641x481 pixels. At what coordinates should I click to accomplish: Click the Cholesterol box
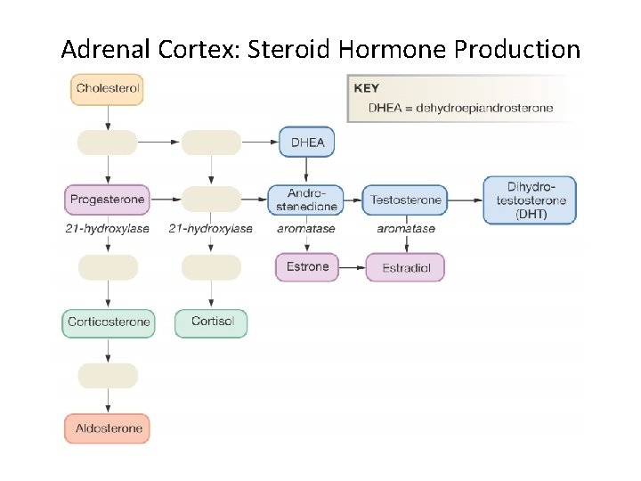(108, 89)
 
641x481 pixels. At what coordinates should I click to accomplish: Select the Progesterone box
(108, 200)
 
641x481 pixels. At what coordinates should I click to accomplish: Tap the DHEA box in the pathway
(307, 143)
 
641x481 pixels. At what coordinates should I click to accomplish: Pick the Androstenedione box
(306, 200)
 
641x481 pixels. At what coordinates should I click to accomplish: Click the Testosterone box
(405, 200)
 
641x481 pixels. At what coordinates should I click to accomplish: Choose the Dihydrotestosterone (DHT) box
(530, 200)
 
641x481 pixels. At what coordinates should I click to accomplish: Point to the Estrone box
(307, 266)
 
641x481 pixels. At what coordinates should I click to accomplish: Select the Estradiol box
(405, 267)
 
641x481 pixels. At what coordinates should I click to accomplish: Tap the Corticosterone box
(108, 322)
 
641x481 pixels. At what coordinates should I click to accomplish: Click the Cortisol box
(211, 322)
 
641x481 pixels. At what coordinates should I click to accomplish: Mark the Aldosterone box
(108, 428)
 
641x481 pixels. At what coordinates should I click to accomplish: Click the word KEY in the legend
(366, 88)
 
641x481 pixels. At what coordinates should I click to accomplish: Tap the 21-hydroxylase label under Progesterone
(107, 229)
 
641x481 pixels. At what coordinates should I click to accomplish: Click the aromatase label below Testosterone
(405, 229)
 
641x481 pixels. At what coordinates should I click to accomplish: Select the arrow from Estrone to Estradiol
(352, 267)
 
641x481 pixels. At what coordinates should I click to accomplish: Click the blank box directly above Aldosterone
(108, 375)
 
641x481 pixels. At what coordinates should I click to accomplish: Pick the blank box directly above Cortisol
(211, 267)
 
